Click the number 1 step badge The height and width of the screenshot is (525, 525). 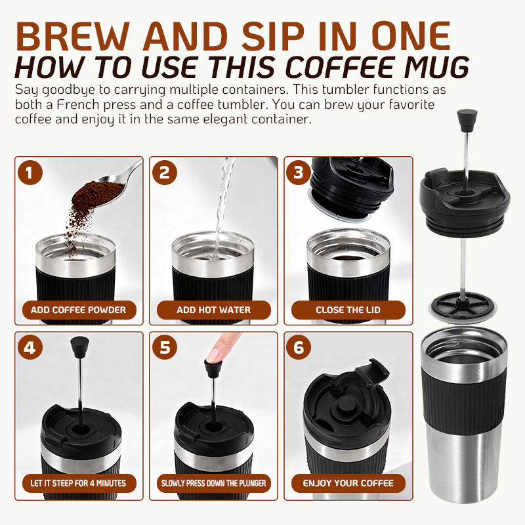[x=30, y=173]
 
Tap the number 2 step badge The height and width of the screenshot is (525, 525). [x=165, y=173]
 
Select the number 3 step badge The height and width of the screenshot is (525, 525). [x=299, y=173]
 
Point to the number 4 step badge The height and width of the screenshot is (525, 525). [x=30, y=347]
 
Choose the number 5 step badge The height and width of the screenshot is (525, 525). [x=165, y=347]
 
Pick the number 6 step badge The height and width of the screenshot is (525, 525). [x=299, y=347]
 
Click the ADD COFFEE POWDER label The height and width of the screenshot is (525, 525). [x=79, y=310]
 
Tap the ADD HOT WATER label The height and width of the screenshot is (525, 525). [x=214, y=310]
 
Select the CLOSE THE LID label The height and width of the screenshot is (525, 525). [x=348, y=310]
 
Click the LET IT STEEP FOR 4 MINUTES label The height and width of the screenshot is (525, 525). [x=79, y=483]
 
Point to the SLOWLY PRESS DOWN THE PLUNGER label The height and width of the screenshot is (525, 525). [x=214, y=483]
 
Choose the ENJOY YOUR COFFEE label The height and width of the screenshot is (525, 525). [x=348, y=483]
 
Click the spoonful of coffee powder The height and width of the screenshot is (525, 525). [x=98, y=194]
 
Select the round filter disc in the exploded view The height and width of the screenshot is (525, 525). [x=462, y=307]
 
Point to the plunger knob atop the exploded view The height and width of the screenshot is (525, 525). [x=467, y=120]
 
